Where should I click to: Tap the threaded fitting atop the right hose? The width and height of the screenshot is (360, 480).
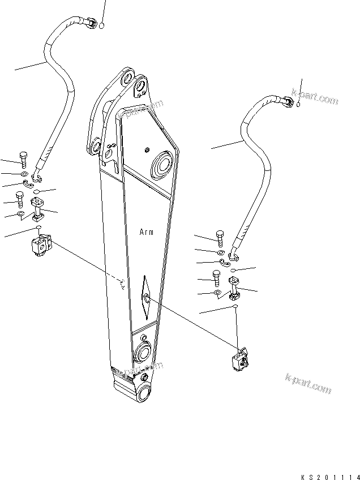click(x=288, y=101)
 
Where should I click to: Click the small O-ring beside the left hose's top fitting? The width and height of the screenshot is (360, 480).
click(x=101, y=25)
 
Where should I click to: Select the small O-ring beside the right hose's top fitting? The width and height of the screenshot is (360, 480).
click(x=299, y=104)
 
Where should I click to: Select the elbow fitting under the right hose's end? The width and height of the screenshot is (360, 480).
click(x=234, y=288)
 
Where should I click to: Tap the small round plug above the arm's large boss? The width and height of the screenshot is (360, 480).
click(x=147, y=149)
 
